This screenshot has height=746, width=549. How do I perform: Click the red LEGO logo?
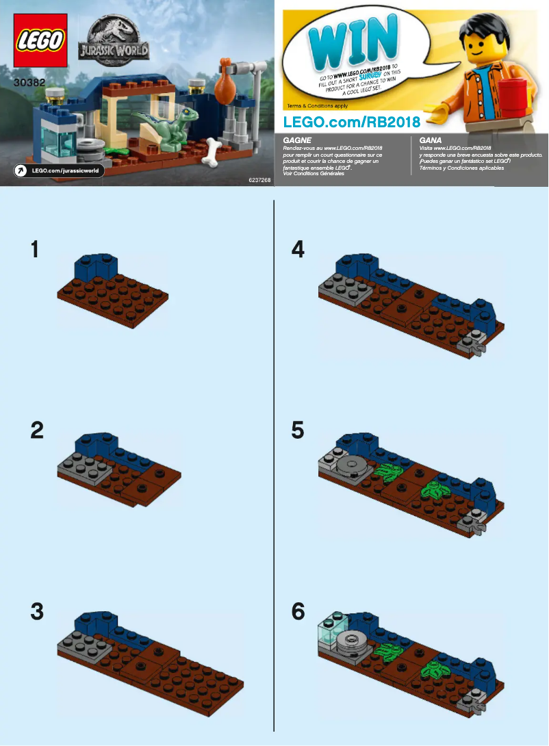point(41,40)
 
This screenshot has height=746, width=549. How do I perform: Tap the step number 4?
point(297,249)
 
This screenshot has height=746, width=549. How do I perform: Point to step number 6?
point(297,611)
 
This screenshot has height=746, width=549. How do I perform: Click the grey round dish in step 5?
point(353,465)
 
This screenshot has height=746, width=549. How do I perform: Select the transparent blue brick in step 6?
point(333,631)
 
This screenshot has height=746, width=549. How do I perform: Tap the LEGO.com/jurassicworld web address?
point(66,170)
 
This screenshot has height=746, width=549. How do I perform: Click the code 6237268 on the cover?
point(253,180)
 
